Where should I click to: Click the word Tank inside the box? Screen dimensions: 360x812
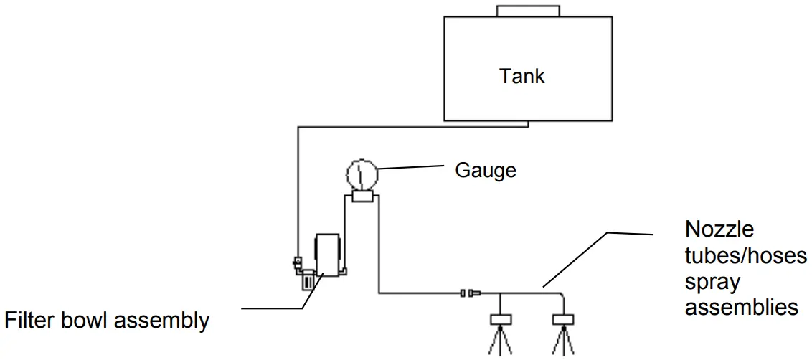521,76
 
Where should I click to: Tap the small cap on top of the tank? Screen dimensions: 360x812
528,10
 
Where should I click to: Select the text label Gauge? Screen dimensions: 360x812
486,171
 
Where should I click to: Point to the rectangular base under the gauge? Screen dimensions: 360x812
361,196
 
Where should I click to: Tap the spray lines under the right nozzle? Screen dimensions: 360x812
565,342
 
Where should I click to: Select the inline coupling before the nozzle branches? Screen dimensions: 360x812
470,293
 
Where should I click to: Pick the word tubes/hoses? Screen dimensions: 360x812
746,256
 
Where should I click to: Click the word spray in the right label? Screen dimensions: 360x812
712,282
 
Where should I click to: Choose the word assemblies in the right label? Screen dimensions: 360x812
742,307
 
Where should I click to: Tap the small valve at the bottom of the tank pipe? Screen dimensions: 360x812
297,263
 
